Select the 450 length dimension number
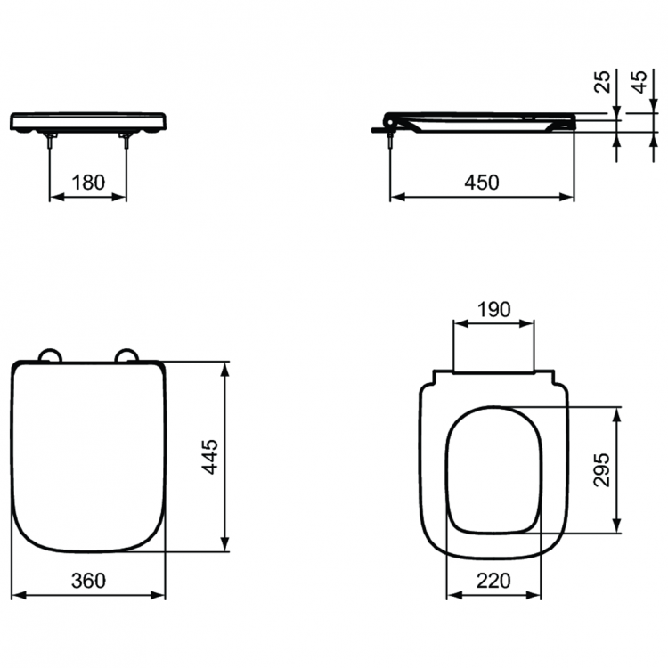pos(481,182)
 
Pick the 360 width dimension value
pos(89,580)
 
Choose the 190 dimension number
pos(493,309)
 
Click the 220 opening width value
pos(493,580)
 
